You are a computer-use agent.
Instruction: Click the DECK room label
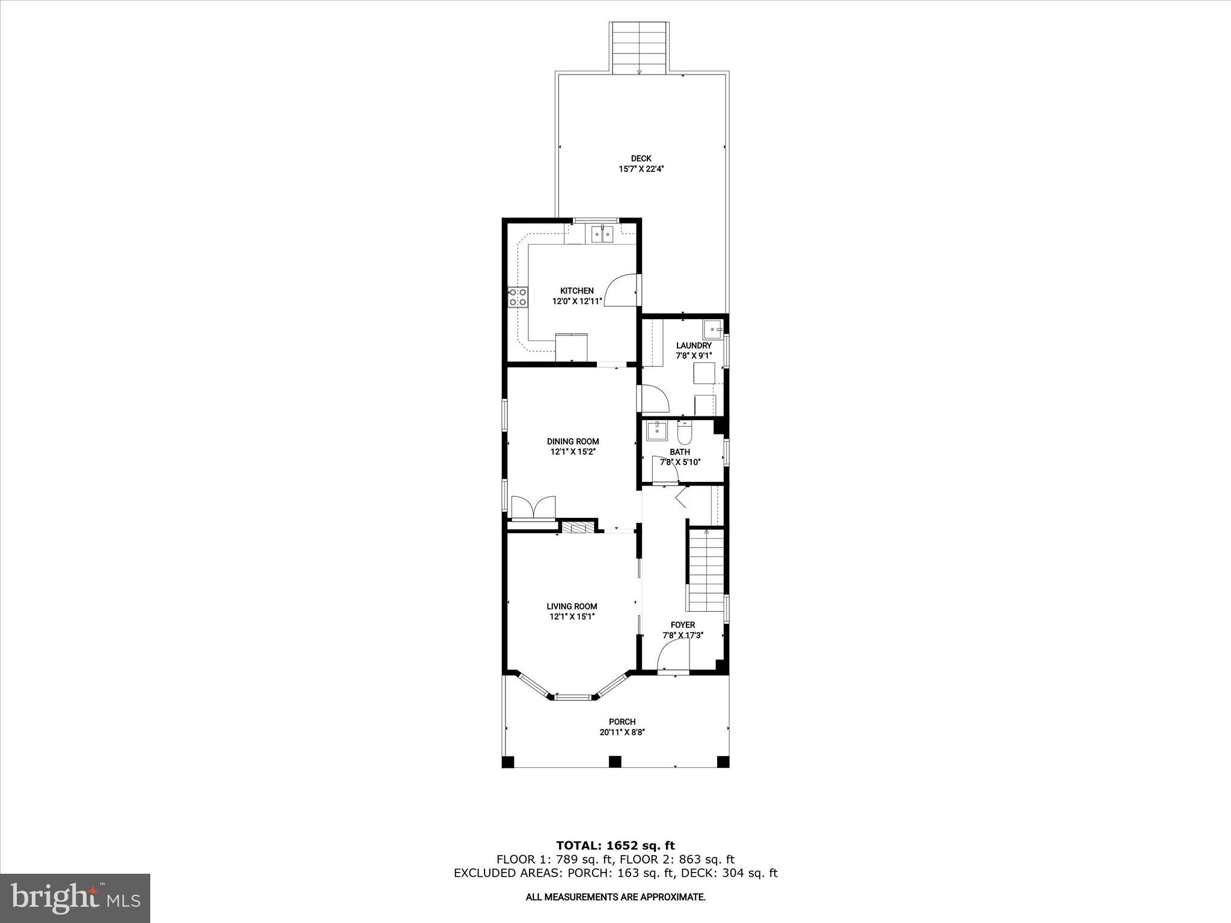point(641,159)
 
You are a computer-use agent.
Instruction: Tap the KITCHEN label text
point(577,291)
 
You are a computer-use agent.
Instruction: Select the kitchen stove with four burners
point(518,297)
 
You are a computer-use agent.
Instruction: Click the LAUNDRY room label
point(694,346)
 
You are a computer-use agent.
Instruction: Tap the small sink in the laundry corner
point(713,330)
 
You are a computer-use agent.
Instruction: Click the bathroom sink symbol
point(656,430)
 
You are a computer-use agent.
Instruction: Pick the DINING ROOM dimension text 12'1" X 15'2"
point(573,452)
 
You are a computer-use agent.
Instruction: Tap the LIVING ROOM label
point(572,606)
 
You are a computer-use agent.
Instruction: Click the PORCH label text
point(622,722)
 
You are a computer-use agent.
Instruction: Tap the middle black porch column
point(614,762)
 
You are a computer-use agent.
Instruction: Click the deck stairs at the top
point(640,48)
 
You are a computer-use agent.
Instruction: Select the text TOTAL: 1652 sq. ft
point(615,846)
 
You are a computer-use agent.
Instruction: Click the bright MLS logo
point(75,898)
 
